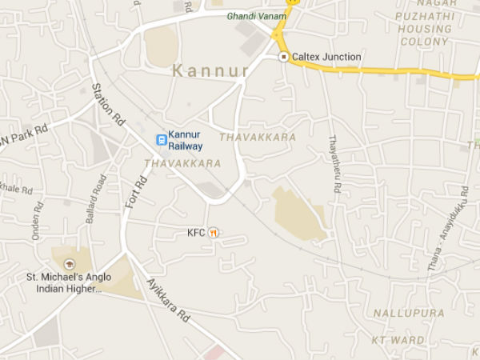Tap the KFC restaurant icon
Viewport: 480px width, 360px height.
pyautogui.click(x=213, y=233)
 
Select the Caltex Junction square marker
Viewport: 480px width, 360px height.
pyautogui.click(x=283, y=58)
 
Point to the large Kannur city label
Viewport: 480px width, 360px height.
pyautogui.click(x=210, y=71)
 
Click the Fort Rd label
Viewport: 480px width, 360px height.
pyautogui.click(x=135, y=192)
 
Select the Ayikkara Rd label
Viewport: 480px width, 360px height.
pyautogui.click(x=169, y=300)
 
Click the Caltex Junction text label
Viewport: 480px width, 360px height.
pyautogui.click(x=326, y=58)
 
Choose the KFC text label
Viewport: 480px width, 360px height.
pyautogui.click(x=196, y=233)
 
